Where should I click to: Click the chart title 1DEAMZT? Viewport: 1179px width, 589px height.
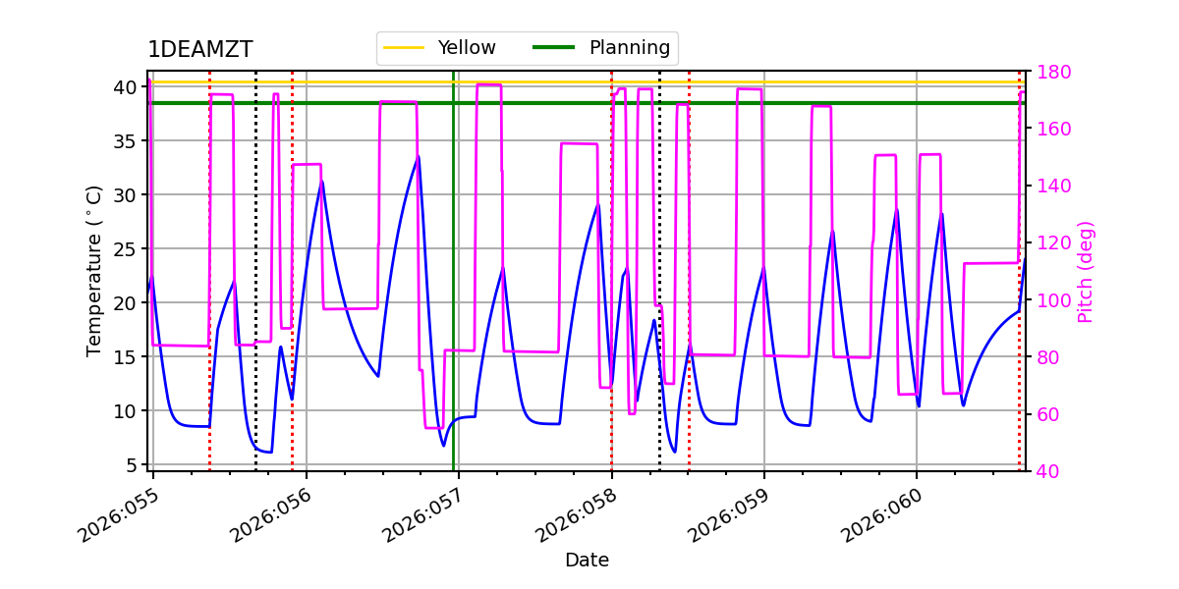[199, 50]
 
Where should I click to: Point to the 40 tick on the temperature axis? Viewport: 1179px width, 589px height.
[127, 87]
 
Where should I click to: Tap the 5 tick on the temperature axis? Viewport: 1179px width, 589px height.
[132, 464]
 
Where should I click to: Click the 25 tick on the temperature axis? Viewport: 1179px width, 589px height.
[127, 248]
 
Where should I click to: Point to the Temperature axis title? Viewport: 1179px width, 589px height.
[94, 271]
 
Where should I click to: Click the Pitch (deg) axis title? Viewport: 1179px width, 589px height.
[1086, 271]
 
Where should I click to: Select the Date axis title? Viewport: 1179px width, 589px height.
[587, 561]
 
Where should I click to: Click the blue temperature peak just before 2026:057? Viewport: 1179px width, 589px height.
[419, 156]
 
